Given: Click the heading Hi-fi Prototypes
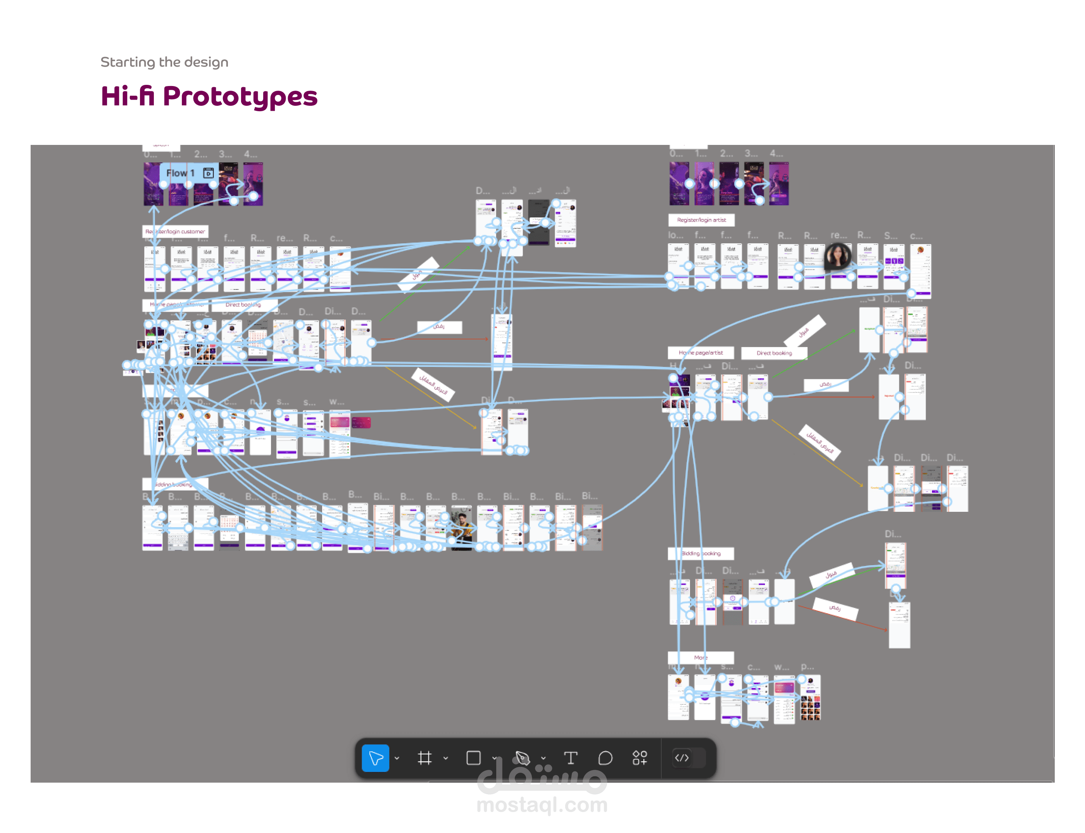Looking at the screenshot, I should pos(209,96).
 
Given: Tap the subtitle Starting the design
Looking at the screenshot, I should pos(164,62).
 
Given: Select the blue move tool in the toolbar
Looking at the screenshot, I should pos(375,757).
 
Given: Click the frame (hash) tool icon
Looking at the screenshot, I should pos(424,757).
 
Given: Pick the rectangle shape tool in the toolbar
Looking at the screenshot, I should pos(473,757).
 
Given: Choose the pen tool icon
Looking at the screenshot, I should pos(522,757).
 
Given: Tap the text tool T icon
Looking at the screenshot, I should pos(571,757).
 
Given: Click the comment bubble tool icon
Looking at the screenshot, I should pos(605,757).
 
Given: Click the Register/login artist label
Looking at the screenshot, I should pos(701,220).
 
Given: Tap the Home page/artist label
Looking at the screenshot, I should pos(700,353).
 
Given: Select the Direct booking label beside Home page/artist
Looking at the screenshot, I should pos(774,353).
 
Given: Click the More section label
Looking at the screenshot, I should pos(700,657).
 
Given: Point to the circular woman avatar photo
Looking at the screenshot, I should pos(837,256).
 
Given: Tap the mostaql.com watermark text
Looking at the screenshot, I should pos(542,804).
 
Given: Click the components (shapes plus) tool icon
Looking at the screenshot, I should pos(640,757).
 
